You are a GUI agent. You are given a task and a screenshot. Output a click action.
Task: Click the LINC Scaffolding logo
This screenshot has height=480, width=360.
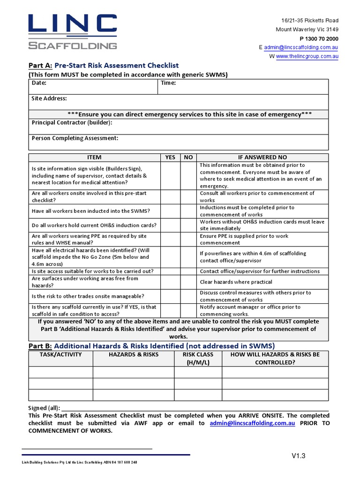(72, 32)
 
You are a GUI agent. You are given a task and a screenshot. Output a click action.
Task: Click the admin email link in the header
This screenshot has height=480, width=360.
(301, 47)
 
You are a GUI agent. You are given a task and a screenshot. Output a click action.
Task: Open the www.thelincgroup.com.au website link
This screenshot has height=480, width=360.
(307, 56)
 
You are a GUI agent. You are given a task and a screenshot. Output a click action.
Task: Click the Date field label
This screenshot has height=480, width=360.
(39, 83)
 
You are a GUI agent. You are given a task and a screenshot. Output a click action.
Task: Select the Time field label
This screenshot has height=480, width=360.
(168, 83)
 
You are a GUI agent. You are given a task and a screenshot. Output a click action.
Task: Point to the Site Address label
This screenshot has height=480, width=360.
(49, 98)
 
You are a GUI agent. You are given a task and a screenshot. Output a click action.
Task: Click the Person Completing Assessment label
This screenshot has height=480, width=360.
(75, 138)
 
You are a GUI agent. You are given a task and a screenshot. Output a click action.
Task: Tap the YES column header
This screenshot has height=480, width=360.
(170, 157)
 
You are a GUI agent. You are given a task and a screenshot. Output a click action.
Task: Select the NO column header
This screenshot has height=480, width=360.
(188, 157)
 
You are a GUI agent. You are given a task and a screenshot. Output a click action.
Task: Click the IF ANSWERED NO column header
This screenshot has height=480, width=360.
(262, 157)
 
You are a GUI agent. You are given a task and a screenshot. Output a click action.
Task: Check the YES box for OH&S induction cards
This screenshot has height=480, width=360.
(170, 225)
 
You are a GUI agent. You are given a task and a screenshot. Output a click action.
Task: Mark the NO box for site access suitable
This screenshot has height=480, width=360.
(188, 271)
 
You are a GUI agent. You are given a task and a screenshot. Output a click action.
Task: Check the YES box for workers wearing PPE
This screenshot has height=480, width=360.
(170, 240)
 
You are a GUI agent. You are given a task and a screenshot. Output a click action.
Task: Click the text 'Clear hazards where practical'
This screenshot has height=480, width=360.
(236, 282)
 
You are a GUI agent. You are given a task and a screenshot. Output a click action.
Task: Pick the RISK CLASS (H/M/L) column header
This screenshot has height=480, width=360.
(198, 359)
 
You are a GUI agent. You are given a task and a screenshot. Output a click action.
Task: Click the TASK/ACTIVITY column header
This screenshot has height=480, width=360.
(60, 355)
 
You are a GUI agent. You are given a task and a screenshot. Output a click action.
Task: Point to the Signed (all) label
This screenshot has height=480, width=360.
(44, 408)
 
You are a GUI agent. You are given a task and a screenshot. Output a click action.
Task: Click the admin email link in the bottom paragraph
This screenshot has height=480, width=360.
(252, 423)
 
